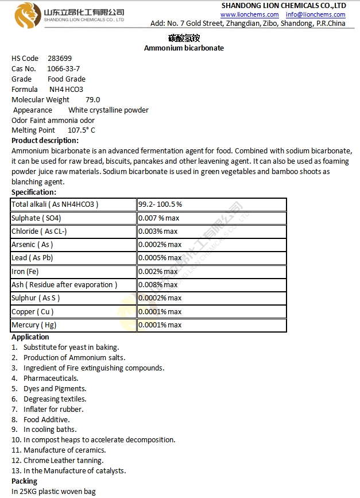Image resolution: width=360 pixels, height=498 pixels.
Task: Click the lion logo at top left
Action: click(x=26, y=14)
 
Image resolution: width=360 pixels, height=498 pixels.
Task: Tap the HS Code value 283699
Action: click(x=60, y=59)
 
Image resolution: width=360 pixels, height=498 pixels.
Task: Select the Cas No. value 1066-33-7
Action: click(x=63, y=69)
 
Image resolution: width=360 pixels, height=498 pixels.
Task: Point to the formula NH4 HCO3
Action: click(x=66, y=90)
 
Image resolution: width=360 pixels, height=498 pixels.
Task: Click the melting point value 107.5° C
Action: click(x=81, y=131)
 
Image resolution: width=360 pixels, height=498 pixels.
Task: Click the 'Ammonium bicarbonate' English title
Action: click(x=184, y=48)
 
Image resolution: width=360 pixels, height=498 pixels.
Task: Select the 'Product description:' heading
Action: click(x=45, y=141)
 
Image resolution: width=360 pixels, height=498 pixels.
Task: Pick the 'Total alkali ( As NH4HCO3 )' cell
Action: click(x=55, y=204)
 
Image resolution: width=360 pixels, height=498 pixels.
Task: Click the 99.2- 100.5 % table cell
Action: click(x=160, y=204)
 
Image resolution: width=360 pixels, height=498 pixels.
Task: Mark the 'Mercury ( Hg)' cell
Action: click(x=34, y=325)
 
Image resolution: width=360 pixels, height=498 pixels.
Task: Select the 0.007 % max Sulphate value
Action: click(x=159, y=218)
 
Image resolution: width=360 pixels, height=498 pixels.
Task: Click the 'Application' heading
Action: click(x=30, y=337)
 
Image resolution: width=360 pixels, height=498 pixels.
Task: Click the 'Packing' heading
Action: click(x=24, y=481)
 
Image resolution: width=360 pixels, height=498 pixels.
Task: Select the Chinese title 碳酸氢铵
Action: click(x=183, y=38)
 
